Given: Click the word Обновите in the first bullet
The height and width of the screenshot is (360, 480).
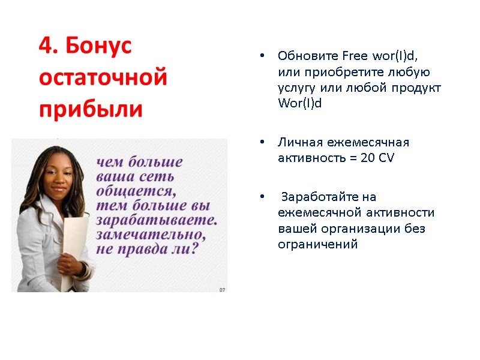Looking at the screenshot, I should click(308, 56).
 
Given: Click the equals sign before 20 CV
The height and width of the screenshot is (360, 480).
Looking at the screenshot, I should click(353, 158).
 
